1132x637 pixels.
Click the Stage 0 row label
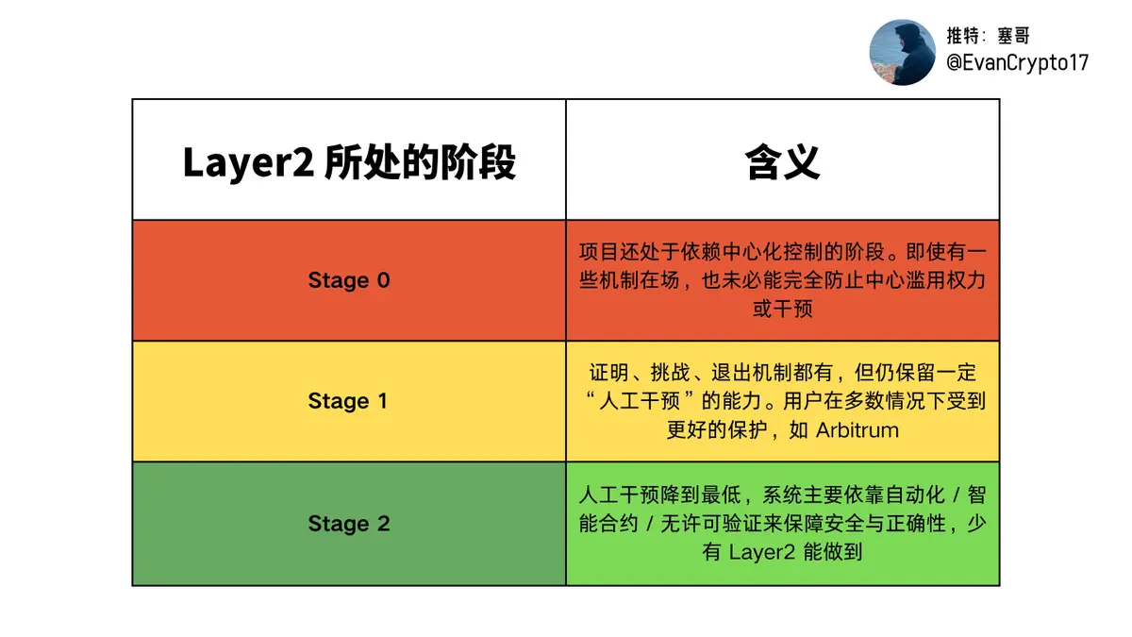click(x=349, y=280)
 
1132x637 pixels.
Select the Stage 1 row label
click(x=348, y=401)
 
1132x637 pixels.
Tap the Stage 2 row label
click(x=349, y=523)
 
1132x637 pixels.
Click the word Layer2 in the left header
click(x=248, y=162)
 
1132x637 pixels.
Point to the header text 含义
click(x=782, y=162)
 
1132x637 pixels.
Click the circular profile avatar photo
click(x=902, y=53)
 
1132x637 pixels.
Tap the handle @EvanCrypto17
click(x=1017, y=62)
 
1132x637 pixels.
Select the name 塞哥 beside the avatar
click(x=1013, y=36)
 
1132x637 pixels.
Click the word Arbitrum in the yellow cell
click(x=857, y=430)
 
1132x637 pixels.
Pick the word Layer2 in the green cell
click(x=762, y=551)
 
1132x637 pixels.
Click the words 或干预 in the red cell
click(x=782, y=309)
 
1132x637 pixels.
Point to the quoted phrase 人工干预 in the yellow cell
click(x=640, y=401)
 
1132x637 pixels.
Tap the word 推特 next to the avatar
click(x=963, y=36)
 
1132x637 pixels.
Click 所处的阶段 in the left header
click(x=420, y=162)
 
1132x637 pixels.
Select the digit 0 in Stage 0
click(x=384, y=280)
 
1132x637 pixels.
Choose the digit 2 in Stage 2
click(x=384, y=523)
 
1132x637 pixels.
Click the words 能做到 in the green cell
click(x=832, y=551)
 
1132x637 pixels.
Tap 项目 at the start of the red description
click(x=599, y=252)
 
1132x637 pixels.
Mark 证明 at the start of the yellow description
click(x=609, y=373)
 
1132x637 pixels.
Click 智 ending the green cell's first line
click(x=976, y=495)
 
